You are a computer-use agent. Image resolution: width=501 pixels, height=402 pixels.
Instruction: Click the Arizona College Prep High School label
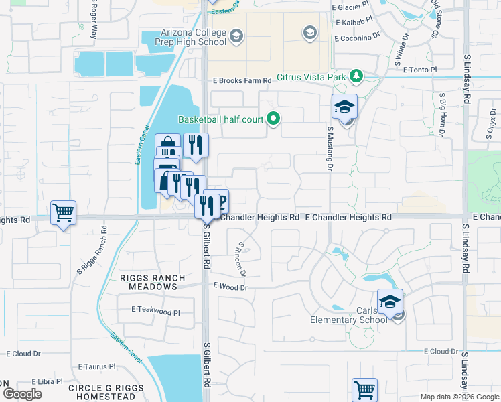click(184, 36)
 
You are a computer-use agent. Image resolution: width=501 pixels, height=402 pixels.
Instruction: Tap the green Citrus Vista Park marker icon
click(357, 76)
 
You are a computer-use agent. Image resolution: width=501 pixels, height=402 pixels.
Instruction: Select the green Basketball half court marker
click(273, 119)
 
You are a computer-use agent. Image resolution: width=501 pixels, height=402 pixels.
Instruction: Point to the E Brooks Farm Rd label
click(242, 80)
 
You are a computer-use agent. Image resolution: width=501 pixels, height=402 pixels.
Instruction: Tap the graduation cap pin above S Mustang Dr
click(344, 108)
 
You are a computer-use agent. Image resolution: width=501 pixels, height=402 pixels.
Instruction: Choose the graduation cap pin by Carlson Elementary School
click(390, 302)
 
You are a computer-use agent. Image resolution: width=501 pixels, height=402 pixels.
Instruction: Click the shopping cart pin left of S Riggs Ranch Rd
click(63, 214)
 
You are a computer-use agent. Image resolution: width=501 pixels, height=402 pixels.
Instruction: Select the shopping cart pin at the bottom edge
click(364, 389)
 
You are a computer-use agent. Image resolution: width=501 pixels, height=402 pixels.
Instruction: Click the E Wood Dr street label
click(230, 286)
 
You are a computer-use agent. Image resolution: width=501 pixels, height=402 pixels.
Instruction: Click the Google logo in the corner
click(22, 394)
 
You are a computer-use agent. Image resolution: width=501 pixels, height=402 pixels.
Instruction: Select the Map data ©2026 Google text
click(459, 397)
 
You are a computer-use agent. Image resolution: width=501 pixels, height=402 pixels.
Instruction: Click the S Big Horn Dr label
click(442, 115)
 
